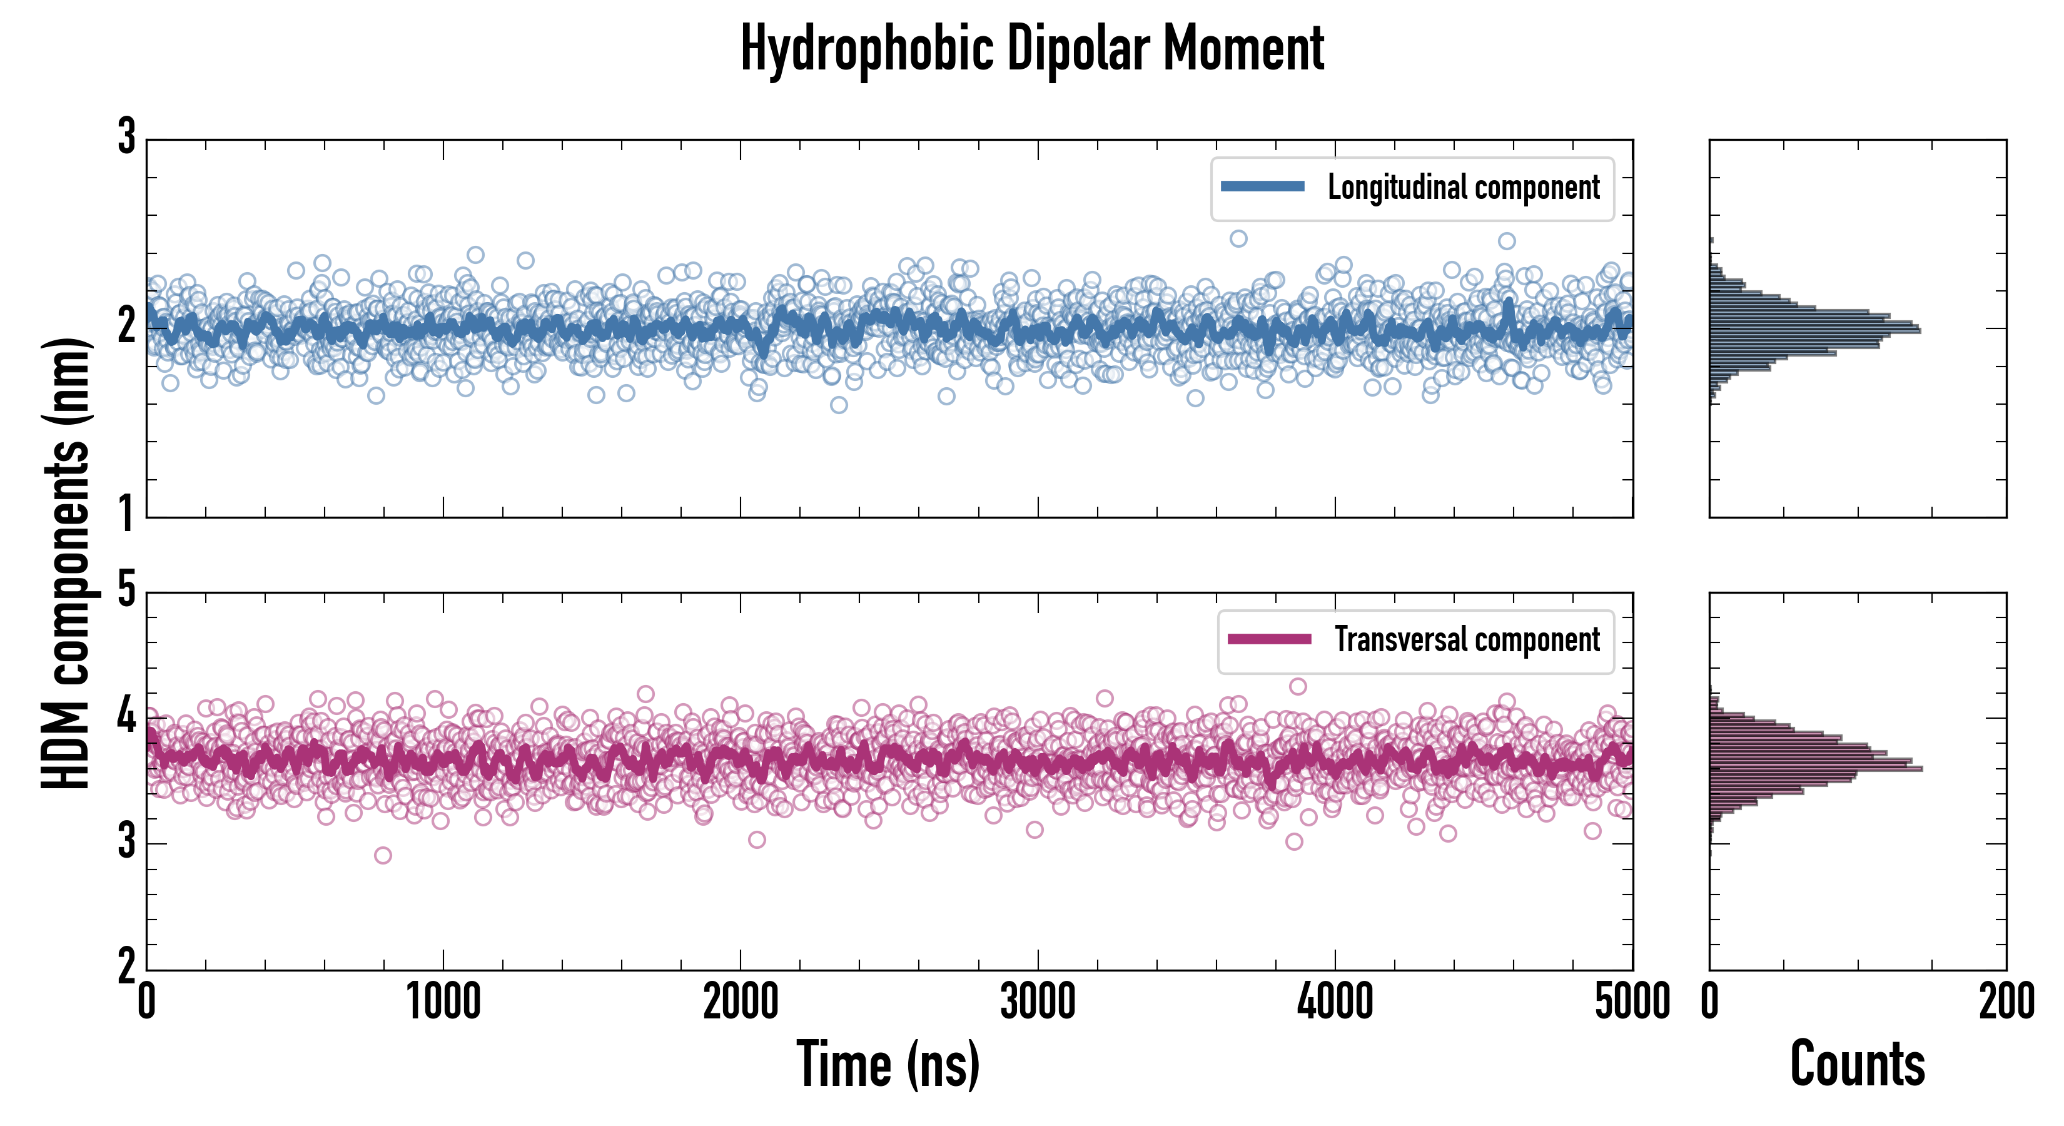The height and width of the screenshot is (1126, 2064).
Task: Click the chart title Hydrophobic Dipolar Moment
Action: [x=1032, y=49]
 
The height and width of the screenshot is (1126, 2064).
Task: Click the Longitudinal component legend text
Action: [x=1463, y=188]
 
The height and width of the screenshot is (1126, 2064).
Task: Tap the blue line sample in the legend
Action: [x=1262, y=187]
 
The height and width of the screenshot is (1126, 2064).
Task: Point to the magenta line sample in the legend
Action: [x=1269, y=639]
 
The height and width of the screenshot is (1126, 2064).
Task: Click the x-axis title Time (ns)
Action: [x=888, y=1064]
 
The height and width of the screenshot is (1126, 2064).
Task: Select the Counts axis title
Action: [x=1857, y=1064]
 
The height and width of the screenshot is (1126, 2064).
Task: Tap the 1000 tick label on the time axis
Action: [x=443, y=1002]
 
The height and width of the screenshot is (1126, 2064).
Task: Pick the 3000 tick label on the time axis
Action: [x=1038, y=1002]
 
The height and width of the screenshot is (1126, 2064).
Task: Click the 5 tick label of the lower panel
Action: [x=126, y=591]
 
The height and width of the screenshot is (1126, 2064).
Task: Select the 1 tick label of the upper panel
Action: [x=126, y=513]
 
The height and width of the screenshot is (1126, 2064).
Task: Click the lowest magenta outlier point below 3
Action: [x=383, y=855]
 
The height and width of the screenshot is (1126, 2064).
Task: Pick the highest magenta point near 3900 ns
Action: [x=1298, y=687]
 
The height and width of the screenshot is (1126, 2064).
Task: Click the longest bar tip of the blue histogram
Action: [x=1920, y=330]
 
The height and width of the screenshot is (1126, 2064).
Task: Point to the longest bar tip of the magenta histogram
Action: [x=1921, y=769]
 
